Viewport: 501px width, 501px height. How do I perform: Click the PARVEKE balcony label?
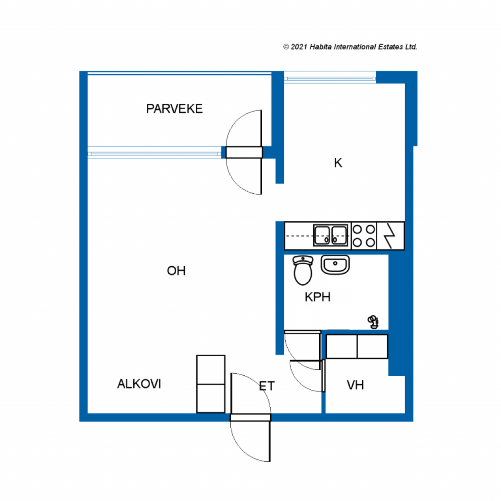[x=174, y=109]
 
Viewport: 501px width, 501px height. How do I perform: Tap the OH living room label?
[x=176, y=271]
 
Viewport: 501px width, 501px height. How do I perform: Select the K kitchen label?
[x=338, y=163]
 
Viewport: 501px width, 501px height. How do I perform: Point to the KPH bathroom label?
[x=317, y=297]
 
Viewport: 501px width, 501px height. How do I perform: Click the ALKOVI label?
[x=139, y=384]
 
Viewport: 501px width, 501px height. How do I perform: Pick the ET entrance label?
[x=267, y=387]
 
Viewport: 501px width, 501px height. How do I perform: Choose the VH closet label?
[x=355, y=385]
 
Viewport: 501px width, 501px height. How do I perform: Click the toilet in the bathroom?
[x=302, y=270]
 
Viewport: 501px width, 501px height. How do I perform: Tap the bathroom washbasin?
[x=335, y=265]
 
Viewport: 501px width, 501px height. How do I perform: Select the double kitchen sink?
[x=330, y=235]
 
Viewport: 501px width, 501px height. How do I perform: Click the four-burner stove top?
[x=364, y=236]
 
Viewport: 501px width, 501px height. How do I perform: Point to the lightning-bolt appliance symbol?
[x=390, y=236]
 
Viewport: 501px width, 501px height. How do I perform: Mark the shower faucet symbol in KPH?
[x=373, y=322]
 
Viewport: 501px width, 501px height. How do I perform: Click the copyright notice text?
[x=350, y=47]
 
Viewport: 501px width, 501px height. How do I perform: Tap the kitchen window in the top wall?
[x=330, y=78]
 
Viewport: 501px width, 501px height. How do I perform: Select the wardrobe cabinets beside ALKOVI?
[x=211, y=384]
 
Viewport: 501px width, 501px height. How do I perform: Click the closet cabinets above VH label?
[x=357, y=346]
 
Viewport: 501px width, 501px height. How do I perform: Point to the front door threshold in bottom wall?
[x=250, y=417]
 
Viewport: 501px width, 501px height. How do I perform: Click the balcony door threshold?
[x=244, y=153]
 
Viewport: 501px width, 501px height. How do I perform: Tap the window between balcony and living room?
[x=154, y=153]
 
